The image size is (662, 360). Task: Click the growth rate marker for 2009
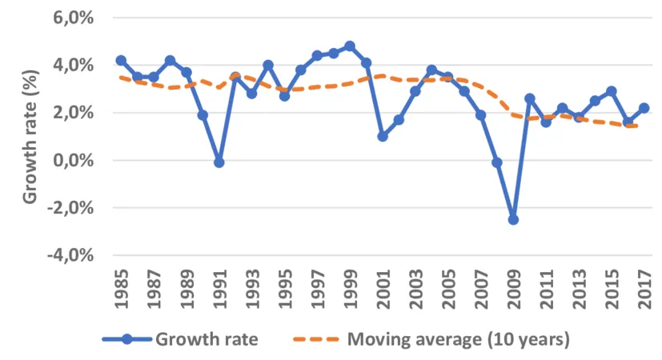[x=513, y=219]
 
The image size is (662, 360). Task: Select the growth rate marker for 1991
[x=219, y=162]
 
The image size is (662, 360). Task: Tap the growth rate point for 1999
[x=350, y=46]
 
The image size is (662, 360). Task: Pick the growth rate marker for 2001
[x=383, y=136]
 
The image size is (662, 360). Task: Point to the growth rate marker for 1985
[x=121, y=60]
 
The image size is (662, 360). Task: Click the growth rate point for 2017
[x=644, y=108]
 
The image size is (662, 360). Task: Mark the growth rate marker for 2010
[x=529, y=98]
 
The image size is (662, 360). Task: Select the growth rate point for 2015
[x=612, y=91]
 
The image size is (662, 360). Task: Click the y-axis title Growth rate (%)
[x=29, y=136]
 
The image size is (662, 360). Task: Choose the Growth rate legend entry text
[x=207, y=339]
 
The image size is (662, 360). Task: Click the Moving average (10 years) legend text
[x=458, y=339]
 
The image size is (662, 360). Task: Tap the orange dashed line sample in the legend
[x=311, y=339]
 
